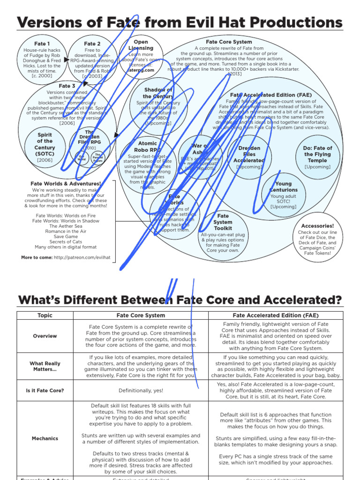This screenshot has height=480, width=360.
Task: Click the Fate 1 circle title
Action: click(x=44, y=44)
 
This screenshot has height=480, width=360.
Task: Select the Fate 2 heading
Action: click(x=92, y=44)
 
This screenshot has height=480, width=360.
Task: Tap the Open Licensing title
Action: click(x=141, y=45)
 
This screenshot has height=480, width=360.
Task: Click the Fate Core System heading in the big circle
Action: click(x=229, y=42)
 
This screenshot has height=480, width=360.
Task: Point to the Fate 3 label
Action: click(x=67, y=86)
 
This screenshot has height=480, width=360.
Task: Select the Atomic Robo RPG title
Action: click(x=148, y=147)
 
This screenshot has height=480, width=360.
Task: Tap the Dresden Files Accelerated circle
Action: click(x=249, y=155)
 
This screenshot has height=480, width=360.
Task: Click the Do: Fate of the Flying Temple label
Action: click(x=317, y=154)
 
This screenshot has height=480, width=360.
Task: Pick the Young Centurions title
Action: click(x=283, y=187)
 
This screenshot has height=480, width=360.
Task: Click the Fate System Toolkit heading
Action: click(x=223, y=222)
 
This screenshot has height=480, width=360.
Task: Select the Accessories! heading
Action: click(x=317, y=226)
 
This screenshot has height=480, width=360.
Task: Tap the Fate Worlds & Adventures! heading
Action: click(x=66, y=184)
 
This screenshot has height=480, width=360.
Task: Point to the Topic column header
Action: click(x=45, y=315)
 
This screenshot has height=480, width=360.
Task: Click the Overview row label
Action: click(x=45, y=336)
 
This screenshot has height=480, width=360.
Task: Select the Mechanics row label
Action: click(x=45, y=439)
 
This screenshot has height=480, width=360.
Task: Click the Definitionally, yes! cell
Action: click(x=141, y=390)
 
